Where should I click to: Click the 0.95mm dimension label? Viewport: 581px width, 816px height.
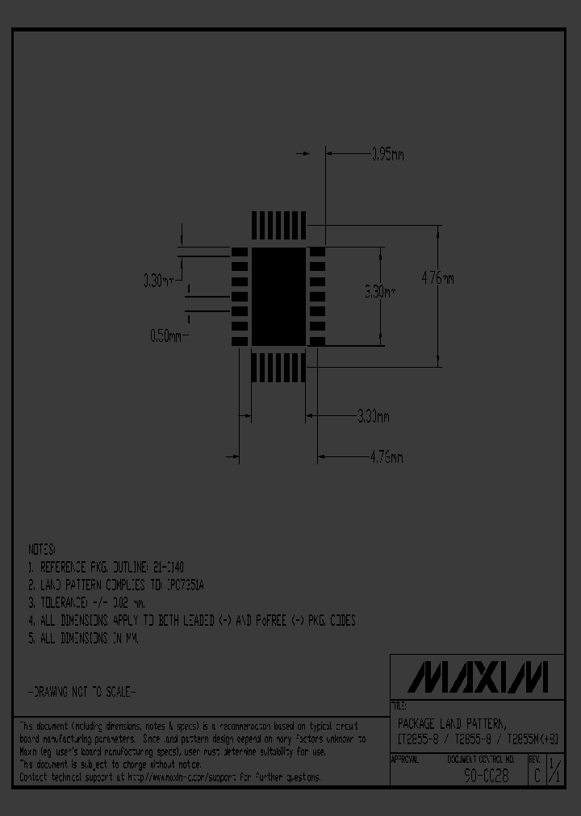(387, 154)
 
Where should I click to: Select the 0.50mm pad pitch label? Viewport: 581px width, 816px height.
(168, 336)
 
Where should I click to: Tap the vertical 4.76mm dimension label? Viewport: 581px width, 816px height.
(438, 278)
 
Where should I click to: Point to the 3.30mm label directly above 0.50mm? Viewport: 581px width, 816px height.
(159, 281)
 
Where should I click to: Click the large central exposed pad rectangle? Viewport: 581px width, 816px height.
(278, 297)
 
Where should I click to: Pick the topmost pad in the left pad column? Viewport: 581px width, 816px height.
(239, 252)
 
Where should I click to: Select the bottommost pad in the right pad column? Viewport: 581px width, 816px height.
(317, 341)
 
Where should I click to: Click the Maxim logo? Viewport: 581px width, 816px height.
(478, 677)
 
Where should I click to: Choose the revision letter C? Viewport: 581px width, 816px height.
(535, 776)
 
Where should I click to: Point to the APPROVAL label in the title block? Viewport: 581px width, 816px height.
(405, 760)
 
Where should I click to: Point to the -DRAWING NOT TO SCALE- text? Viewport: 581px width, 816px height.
(82, 692)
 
